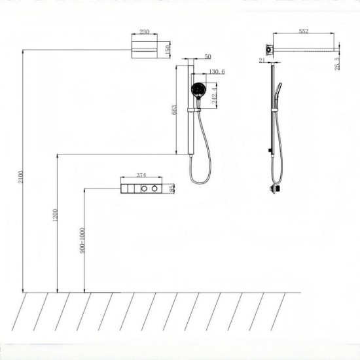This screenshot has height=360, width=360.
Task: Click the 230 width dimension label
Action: tap(145, 31)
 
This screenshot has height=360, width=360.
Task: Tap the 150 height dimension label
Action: tap(168, 50)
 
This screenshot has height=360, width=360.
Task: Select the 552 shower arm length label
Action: tap(304, 31)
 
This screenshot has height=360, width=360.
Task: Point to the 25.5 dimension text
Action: tap(337, 63)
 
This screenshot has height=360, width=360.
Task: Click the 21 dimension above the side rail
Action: tap(262, 60)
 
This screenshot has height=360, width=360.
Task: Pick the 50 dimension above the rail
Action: tap(207, 56)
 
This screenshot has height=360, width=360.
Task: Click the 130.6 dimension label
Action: tap(217, 71)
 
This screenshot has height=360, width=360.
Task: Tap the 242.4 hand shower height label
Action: tap(214, 96)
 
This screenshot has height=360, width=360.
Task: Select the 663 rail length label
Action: tap(174, 110)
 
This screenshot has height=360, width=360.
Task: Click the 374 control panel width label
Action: tap(141, 175)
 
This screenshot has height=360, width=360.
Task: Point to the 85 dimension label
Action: tap(171, 189)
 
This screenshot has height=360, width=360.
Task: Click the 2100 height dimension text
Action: tap(21, 177)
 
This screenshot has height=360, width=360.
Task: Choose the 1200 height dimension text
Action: tap(55, 215)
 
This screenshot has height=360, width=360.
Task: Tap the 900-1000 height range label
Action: tap(82, 240)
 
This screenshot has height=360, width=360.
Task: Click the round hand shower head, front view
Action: tap(198, 90)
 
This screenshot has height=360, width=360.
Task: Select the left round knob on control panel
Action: tap(144, 189)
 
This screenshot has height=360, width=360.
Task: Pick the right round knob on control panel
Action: tap(154, 189)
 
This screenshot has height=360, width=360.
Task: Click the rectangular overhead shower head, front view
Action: tap(145, 50)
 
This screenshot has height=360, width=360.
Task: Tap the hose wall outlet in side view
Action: tap(276, 189)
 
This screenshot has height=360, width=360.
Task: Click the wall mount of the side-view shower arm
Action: tap(269, 50)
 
